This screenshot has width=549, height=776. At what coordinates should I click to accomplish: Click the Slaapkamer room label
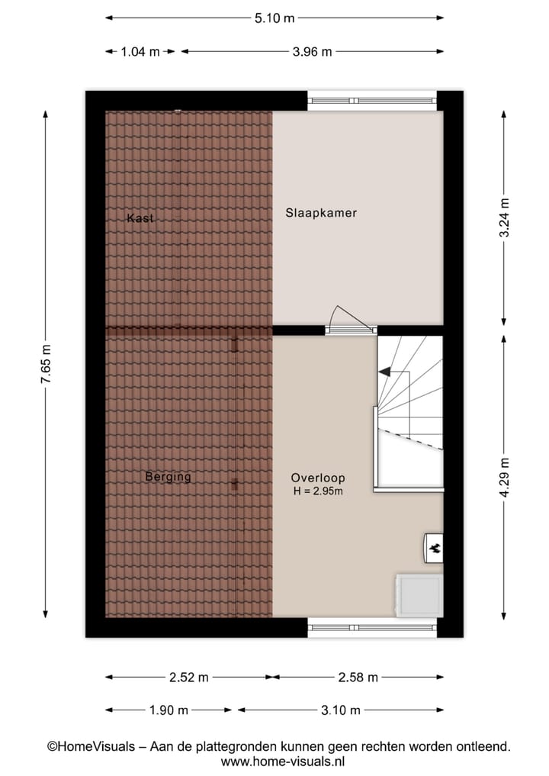(x=321, y=213)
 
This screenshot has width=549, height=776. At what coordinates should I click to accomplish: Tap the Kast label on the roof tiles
(x=140, y=218)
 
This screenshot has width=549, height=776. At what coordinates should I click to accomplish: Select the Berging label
(x=168, y=478)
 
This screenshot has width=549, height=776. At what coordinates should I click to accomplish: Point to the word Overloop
(x=318, y=478)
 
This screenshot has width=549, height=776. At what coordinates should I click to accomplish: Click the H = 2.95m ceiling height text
(x=318, y=491)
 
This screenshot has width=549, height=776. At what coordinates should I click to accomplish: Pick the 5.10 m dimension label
(x=274, y=18)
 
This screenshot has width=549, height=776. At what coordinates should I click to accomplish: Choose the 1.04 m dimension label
(x=140, y=52)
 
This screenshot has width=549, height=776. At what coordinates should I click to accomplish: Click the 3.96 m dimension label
(x=313, y=52)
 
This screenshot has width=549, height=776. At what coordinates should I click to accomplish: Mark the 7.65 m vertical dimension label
(x=45, y=364)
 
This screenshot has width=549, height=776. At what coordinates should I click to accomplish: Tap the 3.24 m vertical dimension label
(x=503, y=218)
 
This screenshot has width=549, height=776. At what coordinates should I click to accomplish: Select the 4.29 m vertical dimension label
(x=503, y=477)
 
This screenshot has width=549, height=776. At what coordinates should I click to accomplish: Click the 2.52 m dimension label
(x=189, y=677)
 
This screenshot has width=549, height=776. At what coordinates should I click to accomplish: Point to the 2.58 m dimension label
(x=358, y=677)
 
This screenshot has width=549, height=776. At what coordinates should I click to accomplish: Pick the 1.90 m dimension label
(x=169, y=710)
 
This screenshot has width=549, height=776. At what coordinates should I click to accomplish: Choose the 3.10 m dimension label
(x=340, y=710)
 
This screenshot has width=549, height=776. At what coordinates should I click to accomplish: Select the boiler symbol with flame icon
(x=433, y=547)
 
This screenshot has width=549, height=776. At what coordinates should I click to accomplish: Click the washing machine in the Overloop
(x=418, y=595)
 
